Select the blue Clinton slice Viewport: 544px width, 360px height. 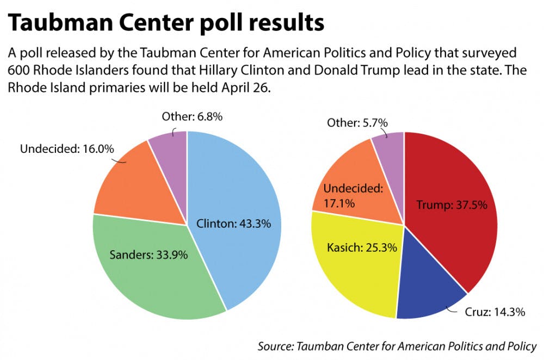[x=245, y=179]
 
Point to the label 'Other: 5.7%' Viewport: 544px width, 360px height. [x=357, y=122]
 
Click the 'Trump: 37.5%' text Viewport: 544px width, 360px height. [x=451, y=205]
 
